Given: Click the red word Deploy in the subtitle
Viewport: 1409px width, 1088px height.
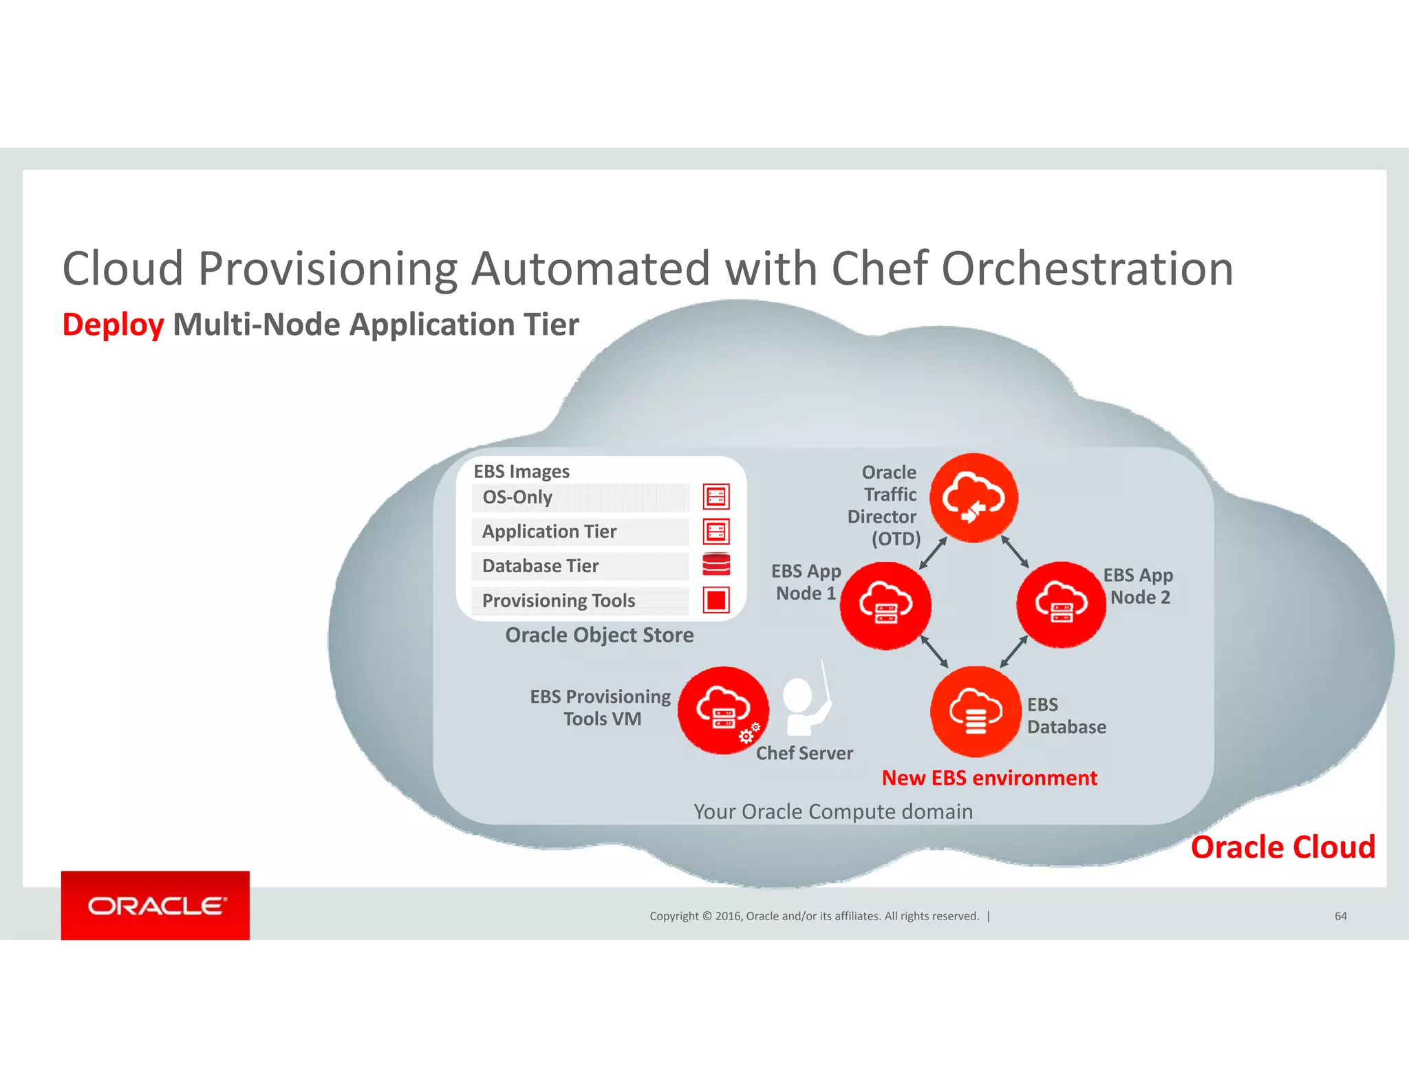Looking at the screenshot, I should tap(113, 325).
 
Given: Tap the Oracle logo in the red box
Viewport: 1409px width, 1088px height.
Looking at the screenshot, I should tap(155, 906).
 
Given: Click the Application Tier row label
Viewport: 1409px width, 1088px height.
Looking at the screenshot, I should tap(549, 532).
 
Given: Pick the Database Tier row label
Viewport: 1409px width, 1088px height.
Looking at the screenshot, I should tap(540, 566).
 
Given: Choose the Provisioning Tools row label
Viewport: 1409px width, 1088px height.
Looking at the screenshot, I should tap(558, 600).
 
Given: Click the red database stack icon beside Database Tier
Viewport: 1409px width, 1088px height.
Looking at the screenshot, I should tap(716, 565).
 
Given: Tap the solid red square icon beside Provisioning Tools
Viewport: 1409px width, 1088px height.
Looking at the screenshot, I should tap(716, 600).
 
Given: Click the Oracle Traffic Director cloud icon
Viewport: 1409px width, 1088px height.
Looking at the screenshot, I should tap(974, 497).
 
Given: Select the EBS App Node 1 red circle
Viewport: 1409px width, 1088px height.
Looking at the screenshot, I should tap(885, 605).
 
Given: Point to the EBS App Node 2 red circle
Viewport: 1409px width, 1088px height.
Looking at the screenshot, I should tap(1062, 605).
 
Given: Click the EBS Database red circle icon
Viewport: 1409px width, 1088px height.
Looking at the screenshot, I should tap(976, 711).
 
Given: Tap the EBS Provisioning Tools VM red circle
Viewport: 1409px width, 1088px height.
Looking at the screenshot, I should tap(722, 710).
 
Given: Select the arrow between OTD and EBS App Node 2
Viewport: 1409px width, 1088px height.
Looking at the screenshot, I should tap(1015, 552).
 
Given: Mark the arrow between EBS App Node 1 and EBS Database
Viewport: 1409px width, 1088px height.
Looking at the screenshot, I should tap(934, 651).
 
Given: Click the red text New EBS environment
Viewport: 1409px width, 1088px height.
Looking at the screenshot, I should tap(989, 778).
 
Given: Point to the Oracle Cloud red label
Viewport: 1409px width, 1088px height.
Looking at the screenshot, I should tap(1282, 847).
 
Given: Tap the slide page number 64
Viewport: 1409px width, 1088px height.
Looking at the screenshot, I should tap(1340, 916).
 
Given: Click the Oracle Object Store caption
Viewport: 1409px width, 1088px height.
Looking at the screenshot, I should tap(599, 635).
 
